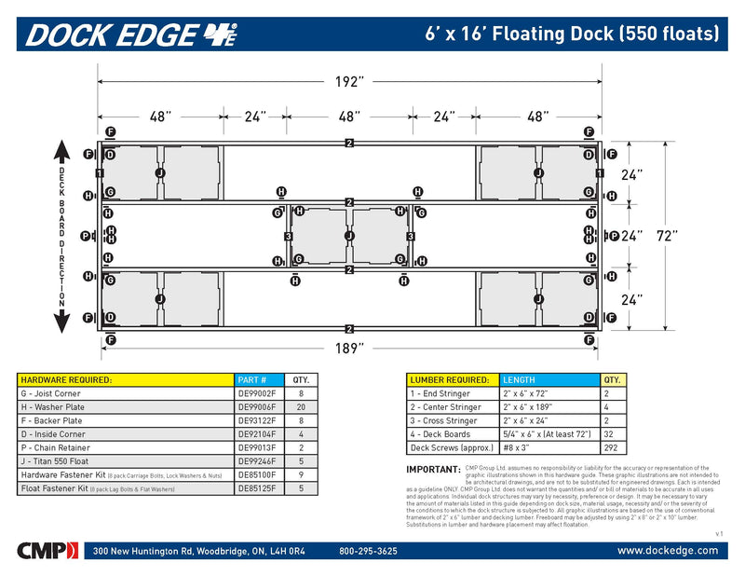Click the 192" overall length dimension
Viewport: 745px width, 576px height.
point(347,82)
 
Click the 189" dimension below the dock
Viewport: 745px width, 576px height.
point(347,348)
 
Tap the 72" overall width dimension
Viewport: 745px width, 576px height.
point(667,235)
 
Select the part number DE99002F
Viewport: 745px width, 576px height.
point(257,393)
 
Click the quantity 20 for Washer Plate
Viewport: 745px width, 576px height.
point(301,407)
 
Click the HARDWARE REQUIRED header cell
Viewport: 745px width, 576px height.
point(67,379)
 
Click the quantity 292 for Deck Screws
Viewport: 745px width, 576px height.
point(611,446)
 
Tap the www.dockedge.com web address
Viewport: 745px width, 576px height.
point(668,551)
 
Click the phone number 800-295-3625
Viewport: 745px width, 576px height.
point(368,551)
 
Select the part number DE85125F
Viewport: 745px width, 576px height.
point(257,488)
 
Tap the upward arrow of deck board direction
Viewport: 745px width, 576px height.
point(62,151)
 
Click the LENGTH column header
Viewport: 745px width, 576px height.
point(520,379)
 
